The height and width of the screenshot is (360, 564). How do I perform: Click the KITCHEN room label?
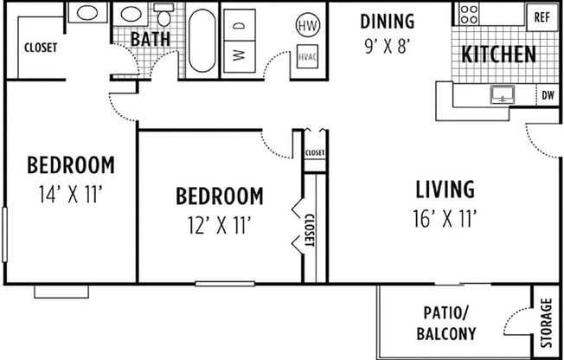coord(498,55)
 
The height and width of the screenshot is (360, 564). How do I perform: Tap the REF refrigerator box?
coord(542,16)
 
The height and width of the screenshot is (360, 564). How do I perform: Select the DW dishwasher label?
coord(547,95)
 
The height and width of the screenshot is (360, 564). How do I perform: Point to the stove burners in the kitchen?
coord(469,13)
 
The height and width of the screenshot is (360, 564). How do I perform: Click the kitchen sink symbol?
coord(502,94)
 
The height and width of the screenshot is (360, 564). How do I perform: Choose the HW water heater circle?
coord(307,25)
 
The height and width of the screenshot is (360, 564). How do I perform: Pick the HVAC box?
coord(307,57)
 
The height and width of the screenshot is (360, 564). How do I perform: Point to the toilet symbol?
coord(163,16)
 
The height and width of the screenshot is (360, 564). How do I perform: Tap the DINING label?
coord(387,21)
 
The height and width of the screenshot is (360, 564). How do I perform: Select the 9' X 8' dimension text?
coord(387,45)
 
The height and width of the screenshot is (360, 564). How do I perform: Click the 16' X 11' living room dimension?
coord(445,218)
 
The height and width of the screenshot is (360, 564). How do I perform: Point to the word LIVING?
coord(445,189)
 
